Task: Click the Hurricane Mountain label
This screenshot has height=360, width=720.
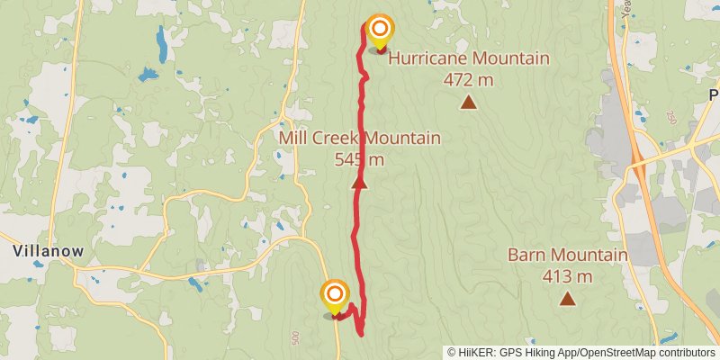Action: pyautogui.click(x=468, y=58)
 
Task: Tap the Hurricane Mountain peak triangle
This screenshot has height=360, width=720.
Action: pyautogui.click(x=468, y=102)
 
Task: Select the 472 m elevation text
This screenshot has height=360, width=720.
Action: pyautogui.click(x=468, y=79)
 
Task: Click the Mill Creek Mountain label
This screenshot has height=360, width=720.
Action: pyautogui.click(x=359, y=139)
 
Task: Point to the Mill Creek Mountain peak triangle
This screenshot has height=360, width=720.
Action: pyautogui.click(x=359, y=183)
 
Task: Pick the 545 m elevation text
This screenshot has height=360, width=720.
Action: pyautogui.click(x=359, y=160)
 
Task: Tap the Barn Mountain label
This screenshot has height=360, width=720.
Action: pyautogui.click(x=567, y=255)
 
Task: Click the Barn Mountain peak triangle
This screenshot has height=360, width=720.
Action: pyautogui.click(x=567, y=299)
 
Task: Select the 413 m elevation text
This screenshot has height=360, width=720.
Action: pyautogui.click(x=567, y=276)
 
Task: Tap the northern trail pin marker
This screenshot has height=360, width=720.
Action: pyautogui.click(x=380, y=31)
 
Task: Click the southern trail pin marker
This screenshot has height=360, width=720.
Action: pyautogui.click(x=335, y=295)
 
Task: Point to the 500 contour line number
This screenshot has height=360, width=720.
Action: pyautogui.click(x=295, y=336)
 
